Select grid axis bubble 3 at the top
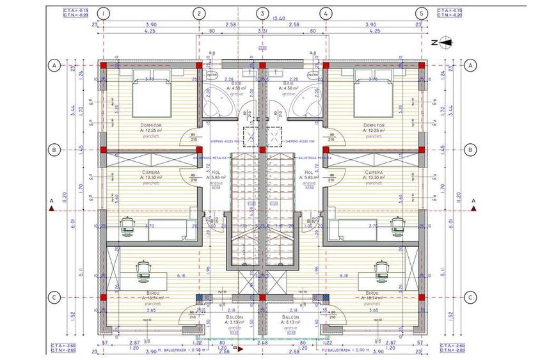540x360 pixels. pos(262,13)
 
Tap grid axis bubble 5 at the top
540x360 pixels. pos(420,13)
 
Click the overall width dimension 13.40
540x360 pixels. pos(280,19)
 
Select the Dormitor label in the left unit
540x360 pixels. pos(150,125)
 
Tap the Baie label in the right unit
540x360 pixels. pos(289,83)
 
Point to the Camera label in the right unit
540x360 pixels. pos(374,173)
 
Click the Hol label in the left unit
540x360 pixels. pos(216,172)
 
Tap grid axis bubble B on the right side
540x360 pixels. pos(470,150)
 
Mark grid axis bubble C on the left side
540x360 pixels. pos(55,297)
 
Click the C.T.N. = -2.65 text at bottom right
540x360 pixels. pos(450,350)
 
